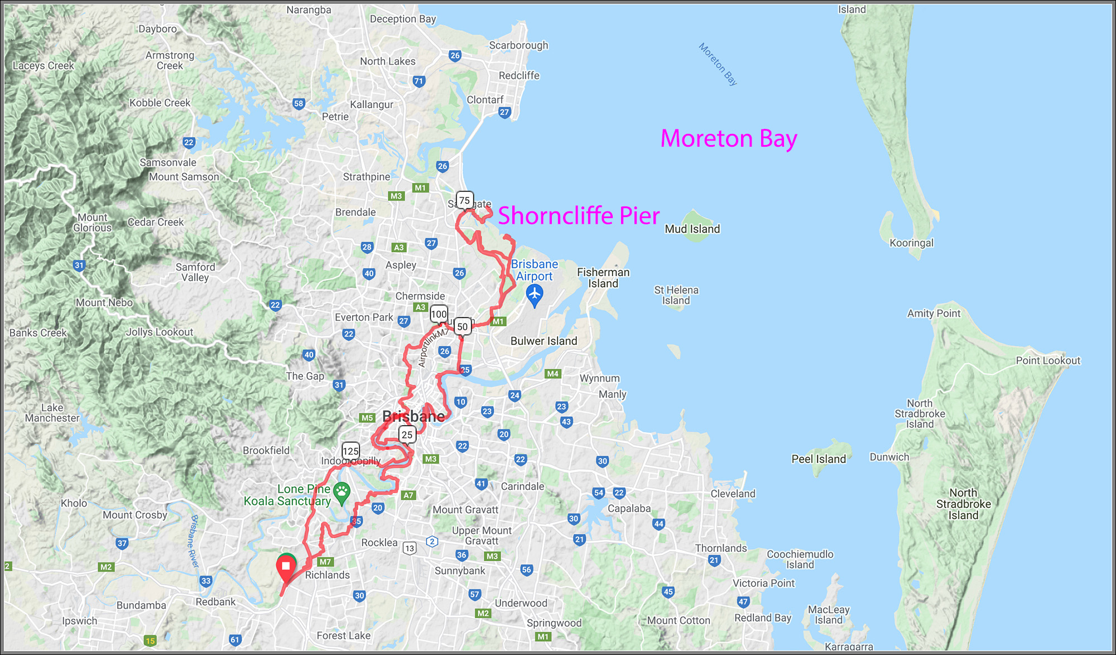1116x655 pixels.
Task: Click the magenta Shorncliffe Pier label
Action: (578, 216)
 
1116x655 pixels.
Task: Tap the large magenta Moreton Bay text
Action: (728, 138)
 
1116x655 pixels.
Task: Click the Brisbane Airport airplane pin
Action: (535, 293)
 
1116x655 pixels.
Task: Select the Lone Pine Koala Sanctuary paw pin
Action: (341, 492)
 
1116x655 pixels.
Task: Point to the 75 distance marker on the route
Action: (464, 200)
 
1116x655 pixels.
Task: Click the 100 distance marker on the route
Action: (439, 314)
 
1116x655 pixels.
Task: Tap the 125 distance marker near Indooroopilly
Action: (350, 451)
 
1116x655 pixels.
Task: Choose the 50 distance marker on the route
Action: (462, 326)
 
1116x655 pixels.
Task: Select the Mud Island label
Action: (692, 229)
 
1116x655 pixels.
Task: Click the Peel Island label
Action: (818, 459)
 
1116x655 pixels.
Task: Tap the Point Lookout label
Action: (1047, 360)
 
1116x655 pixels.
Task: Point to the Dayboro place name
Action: (157, 29)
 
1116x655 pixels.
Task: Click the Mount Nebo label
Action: (104, 302)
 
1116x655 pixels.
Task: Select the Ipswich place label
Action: (79, 620)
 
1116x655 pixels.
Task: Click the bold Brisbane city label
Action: (413, 416)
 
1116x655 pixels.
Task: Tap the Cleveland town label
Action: (733, 493)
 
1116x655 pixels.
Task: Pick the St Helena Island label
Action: (676, 295)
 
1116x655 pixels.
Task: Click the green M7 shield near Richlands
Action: (325, 562)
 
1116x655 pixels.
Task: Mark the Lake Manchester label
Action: (52, 413)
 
